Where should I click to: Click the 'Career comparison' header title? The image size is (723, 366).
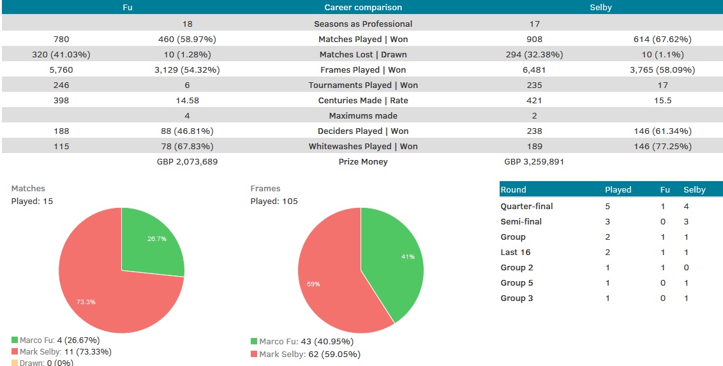363,8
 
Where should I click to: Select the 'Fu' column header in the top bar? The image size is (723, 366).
128,8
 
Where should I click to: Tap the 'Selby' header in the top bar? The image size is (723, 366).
601,8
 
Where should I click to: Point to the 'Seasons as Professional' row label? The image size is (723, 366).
363,24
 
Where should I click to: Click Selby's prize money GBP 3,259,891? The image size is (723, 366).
534,161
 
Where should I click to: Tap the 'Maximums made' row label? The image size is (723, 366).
363,115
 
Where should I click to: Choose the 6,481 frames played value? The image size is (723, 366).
534,70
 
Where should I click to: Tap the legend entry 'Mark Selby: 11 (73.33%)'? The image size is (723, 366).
57,351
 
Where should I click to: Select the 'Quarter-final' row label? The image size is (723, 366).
526,206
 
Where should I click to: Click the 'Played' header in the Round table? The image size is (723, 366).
618,189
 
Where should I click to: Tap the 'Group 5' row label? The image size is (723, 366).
517,282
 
